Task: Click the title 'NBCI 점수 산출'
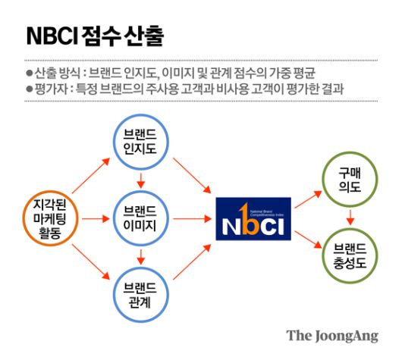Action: coord(94,36)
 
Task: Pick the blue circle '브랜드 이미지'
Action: coord(140,218)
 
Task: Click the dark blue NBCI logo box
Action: coord(253,219)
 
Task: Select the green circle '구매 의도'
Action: coord(350,179)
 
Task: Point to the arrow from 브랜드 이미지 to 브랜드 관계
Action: coord(140,255)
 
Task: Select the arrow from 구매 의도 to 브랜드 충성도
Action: coord(350,218)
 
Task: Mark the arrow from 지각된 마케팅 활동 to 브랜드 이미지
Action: coord(95,218)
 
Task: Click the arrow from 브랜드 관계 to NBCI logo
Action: coord(191,257)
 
